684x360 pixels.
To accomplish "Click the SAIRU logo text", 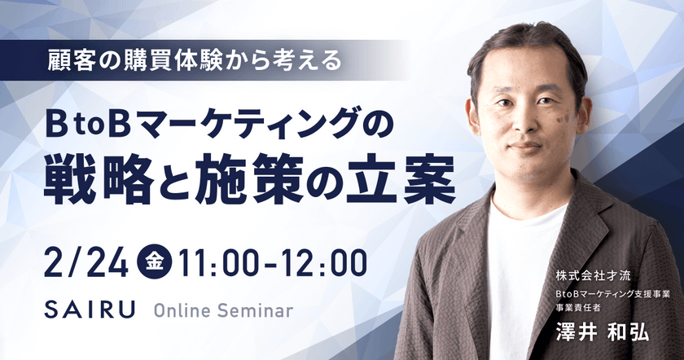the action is (90, 310).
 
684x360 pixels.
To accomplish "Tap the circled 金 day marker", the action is (155, 262).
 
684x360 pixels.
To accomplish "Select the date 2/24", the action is (86, 263).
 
